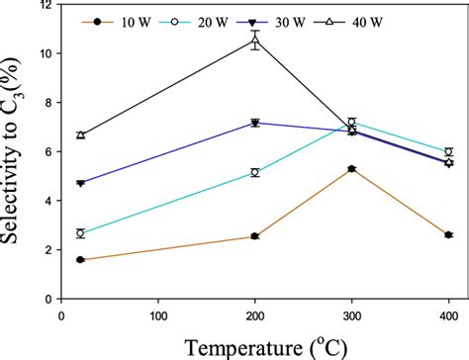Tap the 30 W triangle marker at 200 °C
point(255,123)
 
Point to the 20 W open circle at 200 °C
point(255,172)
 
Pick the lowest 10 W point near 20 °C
point(80,260)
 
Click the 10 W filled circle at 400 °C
point(449,234)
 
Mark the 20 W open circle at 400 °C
point(449,152)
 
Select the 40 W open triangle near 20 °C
point(80,135)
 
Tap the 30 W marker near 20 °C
point(80,183)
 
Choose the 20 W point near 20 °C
point(80,233)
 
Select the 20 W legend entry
point(192,20)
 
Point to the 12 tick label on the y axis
point(44,5)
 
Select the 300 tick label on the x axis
point(352,315)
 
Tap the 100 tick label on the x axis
point(158,315)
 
